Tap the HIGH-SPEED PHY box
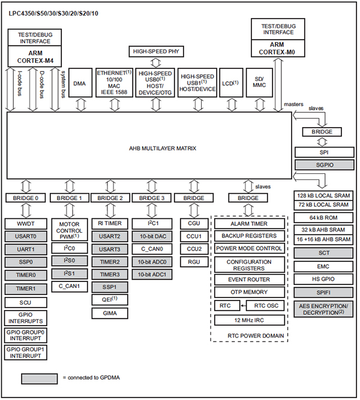[155, 52]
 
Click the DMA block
[79, 84]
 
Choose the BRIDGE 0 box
[25, 198]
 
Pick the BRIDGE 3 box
[152, 198]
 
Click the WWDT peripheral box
[25, 224]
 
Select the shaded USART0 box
[25, 236]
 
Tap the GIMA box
[109, 313]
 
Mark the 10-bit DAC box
[152, 236]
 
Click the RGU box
[194, 261]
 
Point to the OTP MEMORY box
[249, 292]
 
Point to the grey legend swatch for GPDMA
[40, 378]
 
